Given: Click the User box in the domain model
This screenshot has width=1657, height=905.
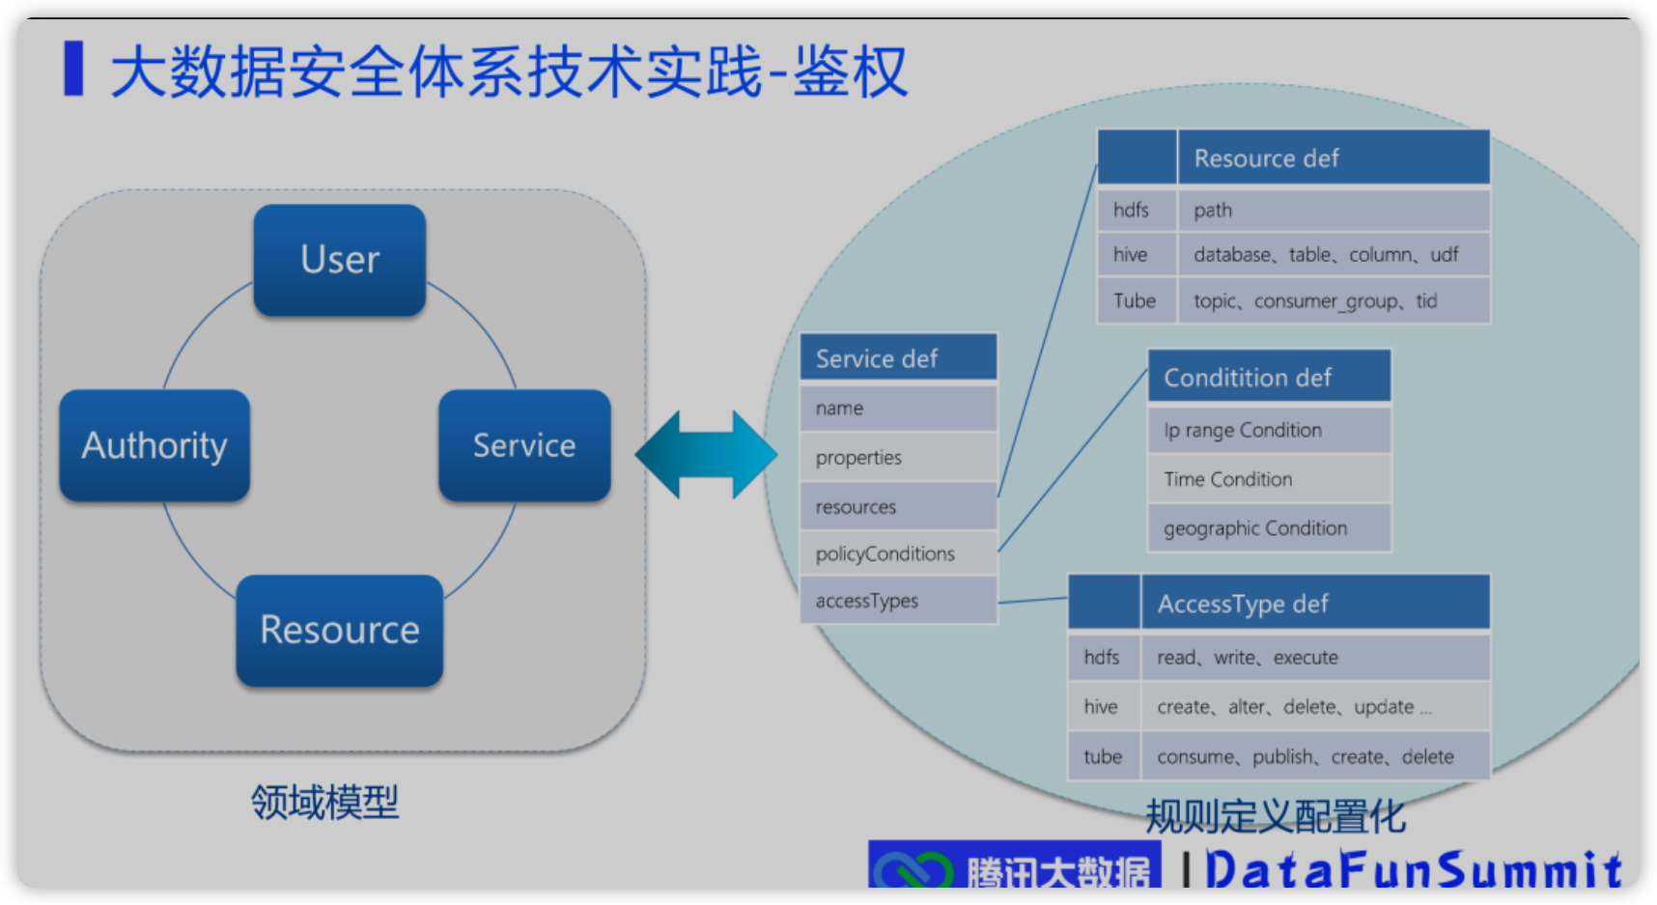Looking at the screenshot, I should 340,260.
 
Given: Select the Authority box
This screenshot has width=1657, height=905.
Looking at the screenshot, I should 154,445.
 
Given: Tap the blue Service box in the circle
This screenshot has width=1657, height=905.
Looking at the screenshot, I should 524,445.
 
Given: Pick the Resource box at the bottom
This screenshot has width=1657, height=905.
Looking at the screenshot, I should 340,631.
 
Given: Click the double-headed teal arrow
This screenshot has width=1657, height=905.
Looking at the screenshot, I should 706,454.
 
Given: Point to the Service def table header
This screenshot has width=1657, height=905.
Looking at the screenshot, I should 898,358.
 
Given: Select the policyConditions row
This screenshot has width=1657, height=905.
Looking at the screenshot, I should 898,553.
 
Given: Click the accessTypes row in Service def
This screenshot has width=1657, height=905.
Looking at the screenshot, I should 898,601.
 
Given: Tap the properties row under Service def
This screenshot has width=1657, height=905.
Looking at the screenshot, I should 898,458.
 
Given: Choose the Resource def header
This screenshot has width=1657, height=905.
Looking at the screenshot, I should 1333,158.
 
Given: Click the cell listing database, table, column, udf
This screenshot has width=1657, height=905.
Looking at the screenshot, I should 1333,255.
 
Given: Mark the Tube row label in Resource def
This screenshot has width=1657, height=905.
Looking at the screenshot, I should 1136,300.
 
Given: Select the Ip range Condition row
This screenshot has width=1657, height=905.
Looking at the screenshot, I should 1269,431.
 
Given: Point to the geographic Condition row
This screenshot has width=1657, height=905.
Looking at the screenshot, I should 1269,528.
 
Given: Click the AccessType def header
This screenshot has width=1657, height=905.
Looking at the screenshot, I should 1315,604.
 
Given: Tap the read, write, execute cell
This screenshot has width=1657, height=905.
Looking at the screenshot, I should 1315,658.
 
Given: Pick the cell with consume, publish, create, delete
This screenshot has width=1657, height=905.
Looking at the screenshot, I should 1315,757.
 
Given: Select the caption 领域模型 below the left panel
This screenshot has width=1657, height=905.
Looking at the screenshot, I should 324,803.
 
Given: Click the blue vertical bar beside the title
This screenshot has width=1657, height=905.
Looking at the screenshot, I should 73,69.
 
